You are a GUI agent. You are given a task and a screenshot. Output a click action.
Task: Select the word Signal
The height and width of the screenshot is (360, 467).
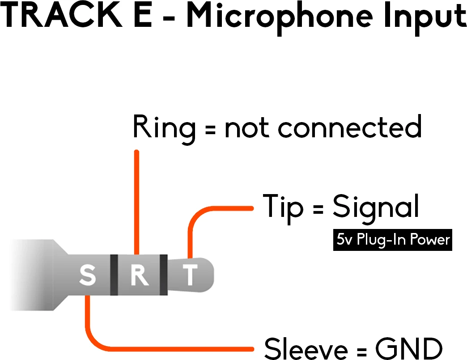click(x=376, y=207)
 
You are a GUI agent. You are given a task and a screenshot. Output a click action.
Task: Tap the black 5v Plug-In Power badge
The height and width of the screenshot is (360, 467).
click(x=392, y=240)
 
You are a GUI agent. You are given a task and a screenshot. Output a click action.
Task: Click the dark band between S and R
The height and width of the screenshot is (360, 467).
click(x=114, y=275)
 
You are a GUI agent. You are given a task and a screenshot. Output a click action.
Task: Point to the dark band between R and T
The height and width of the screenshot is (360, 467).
click(x=163, y=275)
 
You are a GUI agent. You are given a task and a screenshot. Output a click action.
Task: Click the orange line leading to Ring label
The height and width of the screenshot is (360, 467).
click(x=136, y=201)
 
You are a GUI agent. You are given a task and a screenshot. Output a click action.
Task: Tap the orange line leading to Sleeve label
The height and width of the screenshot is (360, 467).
click(x=170, y=347)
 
